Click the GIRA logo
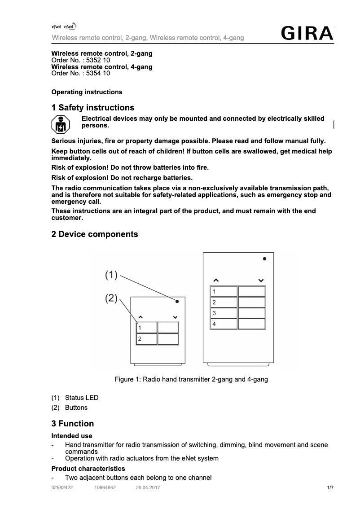tap(307, 34)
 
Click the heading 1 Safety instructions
tap(93, 108)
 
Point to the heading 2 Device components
tap(95, 234)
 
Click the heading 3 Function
tap(73, 424)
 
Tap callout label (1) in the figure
tap(111, 275)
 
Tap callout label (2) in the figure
tap(111, 298)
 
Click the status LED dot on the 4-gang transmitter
tap(265, 259)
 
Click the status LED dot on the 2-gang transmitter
tap(177, 302)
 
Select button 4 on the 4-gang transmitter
tap(224, 324)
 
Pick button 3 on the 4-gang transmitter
tap(224, 313)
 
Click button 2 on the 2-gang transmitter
tap(147, 339)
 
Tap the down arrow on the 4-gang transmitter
tap(261, 281)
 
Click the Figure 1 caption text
tap(191, 380)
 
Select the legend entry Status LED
tap(81, 398)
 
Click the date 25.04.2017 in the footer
tap(148, 487)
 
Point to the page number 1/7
tap(330, 487)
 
